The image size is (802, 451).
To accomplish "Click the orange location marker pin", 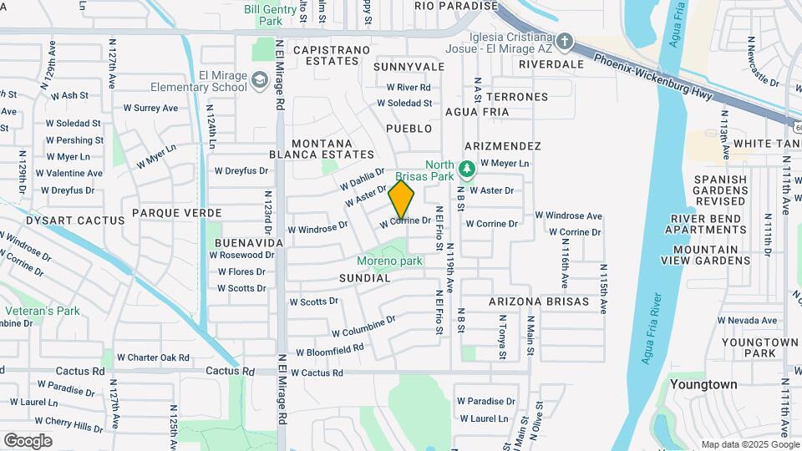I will click(402, 200).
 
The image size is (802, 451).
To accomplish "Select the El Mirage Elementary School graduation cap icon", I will click(259, 79).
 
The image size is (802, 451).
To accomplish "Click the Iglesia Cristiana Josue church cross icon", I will click(565, 41).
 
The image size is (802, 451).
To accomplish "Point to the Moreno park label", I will click(390, 261).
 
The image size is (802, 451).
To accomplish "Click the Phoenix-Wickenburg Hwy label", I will click(653, 79).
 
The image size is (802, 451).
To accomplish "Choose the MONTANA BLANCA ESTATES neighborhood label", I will click(322, 149).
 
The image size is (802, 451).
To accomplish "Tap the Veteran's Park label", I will click(42, 311).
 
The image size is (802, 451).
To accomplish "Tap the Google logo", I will click(28, 441).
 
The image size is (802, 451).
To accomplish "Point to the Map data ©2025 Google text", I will click(749, 444).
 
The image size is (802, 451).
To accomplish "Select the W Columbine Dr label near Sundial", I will click(363, 327).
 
